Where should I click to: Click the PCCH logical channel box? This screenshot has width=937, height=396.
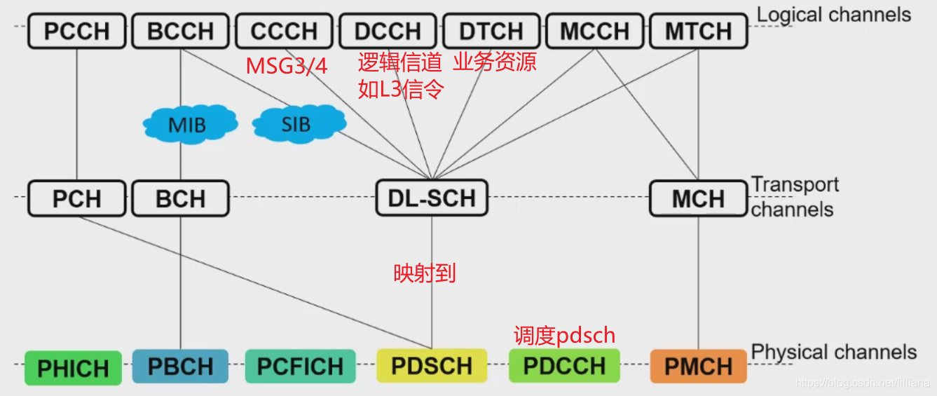[x=77, y=32]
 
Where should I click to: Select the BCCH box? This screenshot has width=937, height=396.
[x=181, y=32]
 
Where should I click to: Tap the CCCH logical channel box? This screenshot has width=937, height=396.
[x=284, y=32]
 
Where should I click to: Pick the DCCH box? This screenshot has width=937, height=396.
[x=388, y=32]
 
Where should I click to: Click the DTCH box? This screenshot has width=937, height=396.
[x=491, y=32]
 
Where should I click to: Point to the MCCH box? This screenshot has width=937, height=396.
[x=595, y=32]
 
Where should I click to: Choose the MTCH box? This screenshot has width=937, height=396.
[x=698, y=32]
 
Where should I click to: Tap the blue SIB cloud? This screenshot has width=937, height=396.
[x=297, y=125]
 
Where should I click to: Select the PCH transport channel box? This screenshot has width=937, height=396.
[x=77, y=198]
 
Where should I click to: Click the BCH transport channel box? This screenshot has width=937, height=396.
[x=181, y=198]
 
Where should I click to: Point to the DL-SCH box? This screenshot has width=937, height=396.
[x=432, y=198]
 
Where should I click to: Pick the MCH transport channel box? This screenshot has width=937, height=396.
[x=698, y=198]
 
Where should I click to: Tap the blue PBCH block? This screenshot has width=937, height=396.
[x=181, y=367]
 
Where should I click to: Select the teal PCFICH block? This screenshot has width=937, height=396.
[x=300, y=367]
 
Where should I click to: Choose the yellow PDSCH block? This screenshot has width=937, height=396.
[x=432, y=366]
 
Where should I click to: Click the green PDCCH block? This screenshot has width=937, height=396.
[x=564, y=366]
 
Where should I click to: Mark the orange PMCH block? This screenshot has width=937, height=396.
[x=698, y=366]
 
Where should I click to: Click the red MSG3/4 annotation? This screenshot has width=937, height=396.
[x=287, y=66]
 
